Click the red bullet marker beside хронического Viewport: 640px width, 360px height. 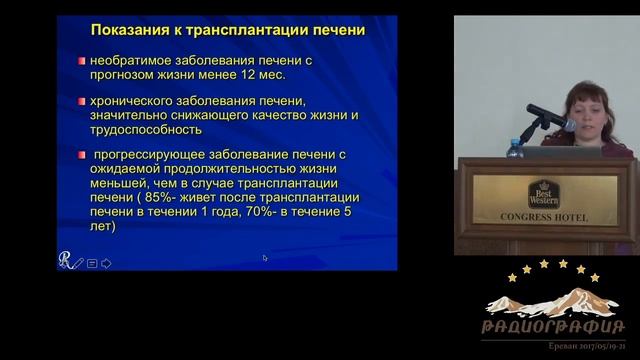coord(81,101)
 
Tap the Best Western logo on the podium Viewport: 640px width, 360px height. coord(544,193)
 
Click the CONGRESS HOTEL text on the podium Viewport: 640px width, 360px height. coord(544,217)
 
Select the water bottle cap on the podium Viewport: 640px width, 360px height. coord(515,142)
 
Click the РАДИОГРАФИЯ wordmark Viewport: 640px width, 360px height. coord(553,327)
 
